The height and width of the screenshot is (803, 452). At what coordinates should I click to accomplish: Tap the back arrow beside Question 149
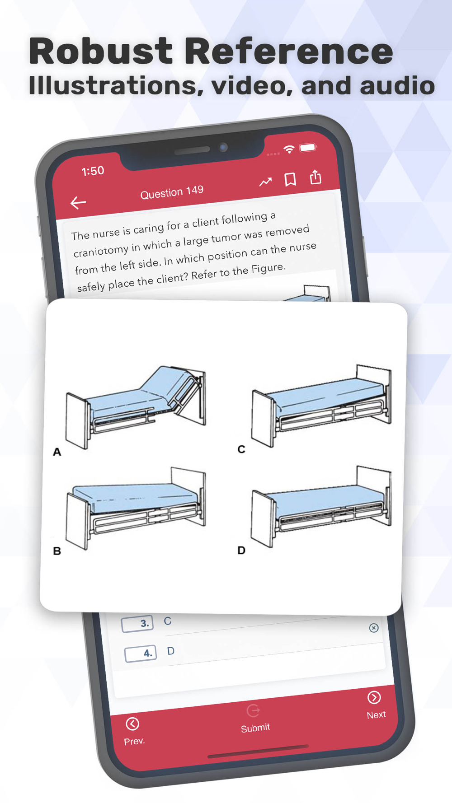pos(78,203)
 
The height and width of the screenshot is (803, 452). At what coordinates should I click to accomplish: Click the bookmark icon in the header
pos(290,179)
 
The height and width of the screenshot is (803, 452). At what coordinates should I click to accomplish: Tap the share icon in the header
pos(315,177)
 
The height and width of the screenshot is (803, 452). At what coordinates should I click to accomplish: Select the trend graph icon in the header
pos(265,182)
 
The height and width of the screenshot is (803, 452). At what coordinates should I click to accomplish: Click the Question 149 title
pos(172,192)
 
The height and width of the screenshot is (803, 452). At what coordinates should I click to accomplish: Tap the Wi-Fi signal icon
pos(289,149)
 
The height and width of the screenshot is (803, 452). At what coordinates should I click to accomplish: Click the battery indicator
pos(308,148)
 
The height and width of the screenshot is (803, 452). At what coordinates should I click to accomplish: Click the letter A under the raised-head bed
pos(57,452)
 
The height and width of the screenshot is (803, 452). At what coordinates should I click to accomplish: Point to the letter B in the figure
pos(57,551)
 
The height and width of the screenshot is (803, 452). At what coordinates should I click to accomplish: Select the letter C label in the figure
pos(241,449)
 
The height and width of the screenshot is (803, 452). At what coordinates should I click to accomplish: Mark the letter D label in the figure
pos(241,550)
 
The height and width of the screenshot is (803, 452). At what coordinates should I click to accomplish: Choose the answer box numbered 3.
pos(137,623)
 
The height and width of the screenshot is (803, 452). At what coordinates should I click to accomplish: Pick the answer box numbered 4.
pos(141,653)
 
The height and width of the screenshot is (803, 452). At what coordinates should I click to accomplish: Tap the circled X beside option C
pos(374,628)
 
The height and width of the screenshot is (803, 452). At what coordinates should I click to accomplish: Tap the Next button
pos(376,705)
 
